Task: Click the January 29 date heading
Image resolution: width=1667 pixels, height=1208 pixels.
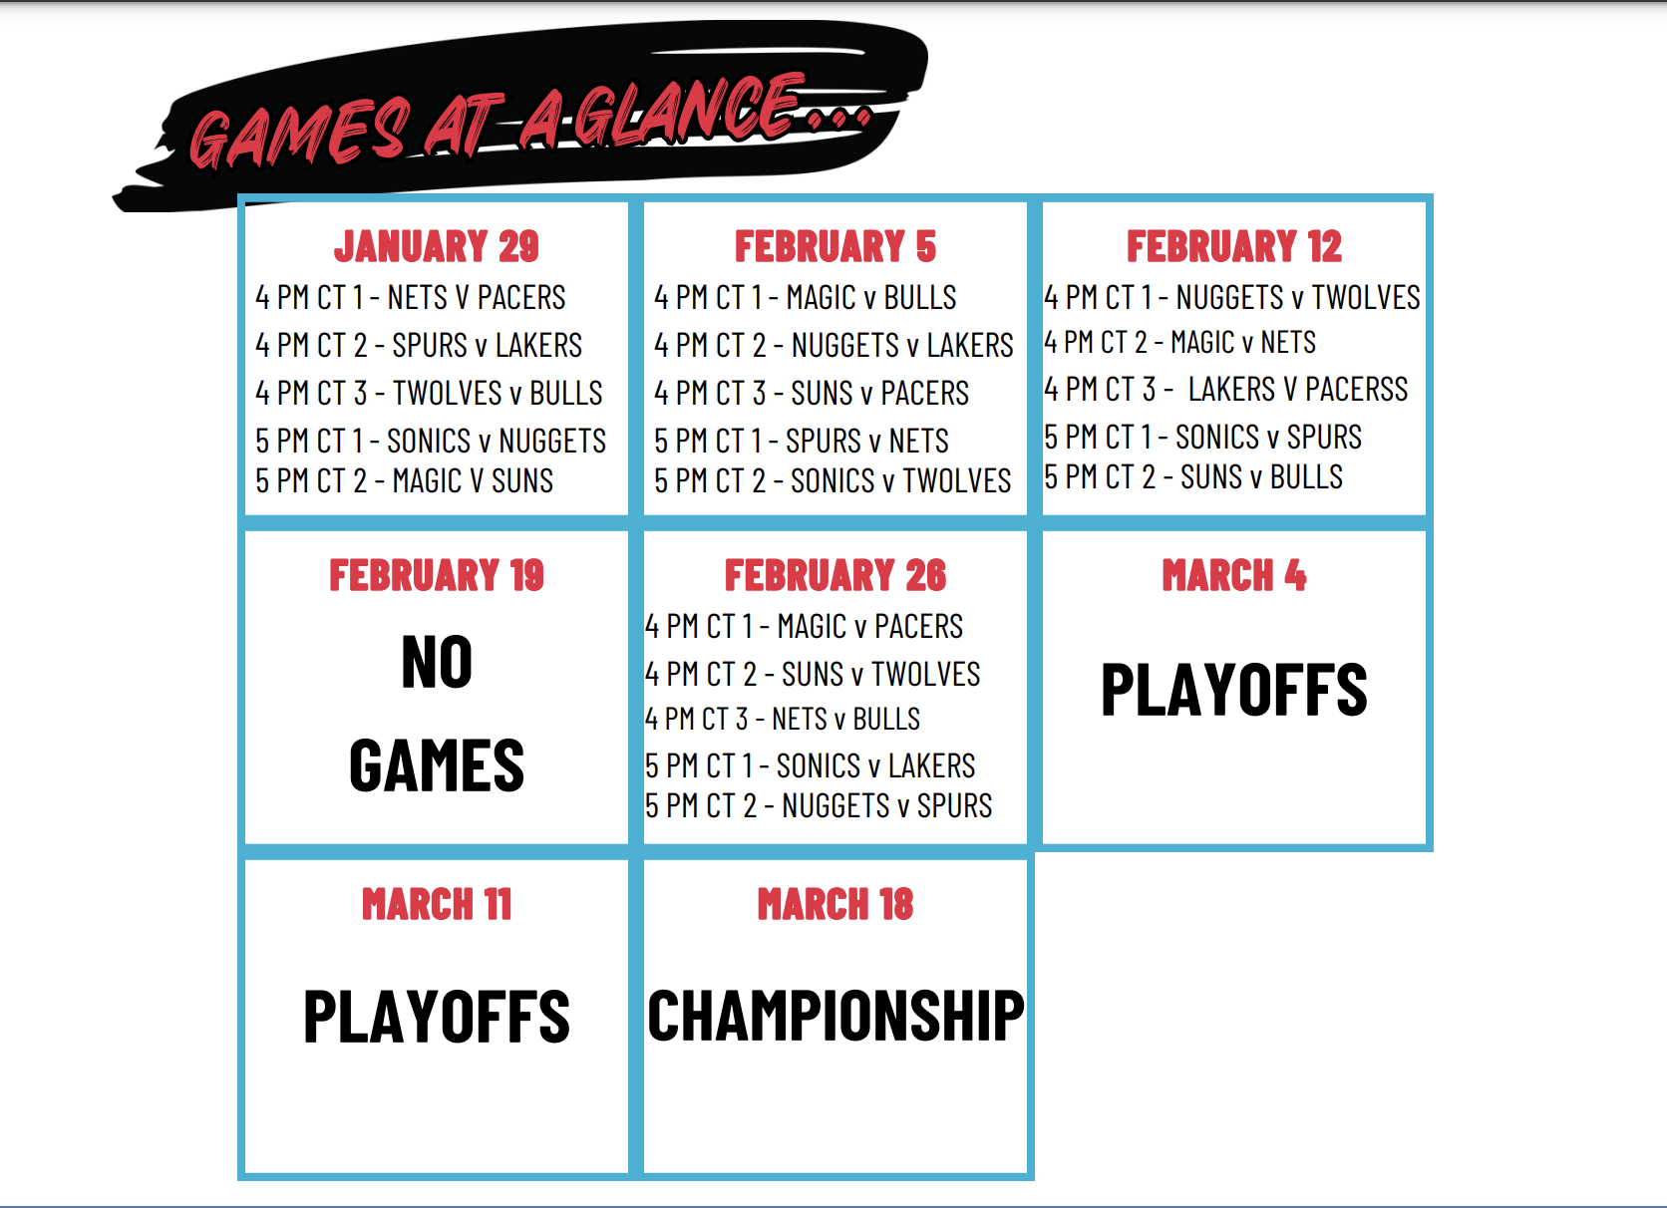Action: [x=436, y=246]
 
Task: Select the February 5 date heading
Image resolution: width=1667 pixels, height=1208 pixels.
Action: [x=834, y=246]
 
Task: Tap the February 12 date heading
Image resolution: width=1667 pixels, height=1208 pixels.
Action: [x=1234, y=246]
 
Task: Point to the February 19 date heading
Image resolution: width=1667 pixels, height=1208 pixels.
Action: [x=436, y=575]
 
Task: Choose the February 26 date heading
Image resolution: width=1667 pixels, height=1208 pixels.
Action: [x=834, y=575]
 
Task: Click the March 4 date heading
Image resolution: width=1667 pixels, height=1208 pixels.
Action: [x=1234, y=575]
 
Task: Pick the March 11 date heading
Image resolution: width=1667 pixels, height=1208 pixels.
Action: [x=436, y=904]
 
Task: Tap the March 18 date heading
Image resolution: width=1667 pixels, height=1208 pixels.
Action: [x=834, y=904]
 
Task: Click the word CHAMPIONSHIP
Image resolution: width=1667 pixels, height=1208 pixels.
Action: [x=835, y=1016]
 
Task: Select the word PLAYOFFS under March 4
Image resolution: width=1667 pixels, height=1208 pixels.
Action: [x=1234, y=689]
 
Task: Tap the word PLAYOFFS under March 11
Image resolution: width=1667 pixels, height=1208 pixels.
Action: [x=436, y=1016]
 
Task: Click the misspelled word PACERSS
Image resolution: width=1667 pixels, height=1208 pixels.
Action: [x=1356, y=389]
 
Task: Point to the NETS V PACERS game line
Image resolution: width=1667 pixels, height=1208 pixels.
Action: [x=410, y=298]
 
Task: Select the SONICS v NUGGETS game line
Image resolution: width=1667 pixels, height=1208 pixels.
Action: [x=430, y=441]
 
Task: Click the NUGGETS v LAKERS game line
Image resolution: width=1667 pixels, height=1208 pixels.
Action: [x=833, y=345]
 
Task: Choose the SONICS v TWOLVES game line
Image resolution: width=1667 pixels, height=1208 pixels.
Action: [x=833, y=480]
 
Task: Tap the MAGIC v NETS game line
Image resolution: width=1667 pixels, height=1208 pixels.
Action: [x=1179, y=342]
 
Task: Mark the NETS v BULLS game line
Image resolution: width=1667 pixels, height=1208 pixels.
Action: [x=782, y=719]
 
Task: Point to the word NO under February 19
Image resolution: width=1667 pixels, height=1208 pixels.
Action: [x=437, y=661]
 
